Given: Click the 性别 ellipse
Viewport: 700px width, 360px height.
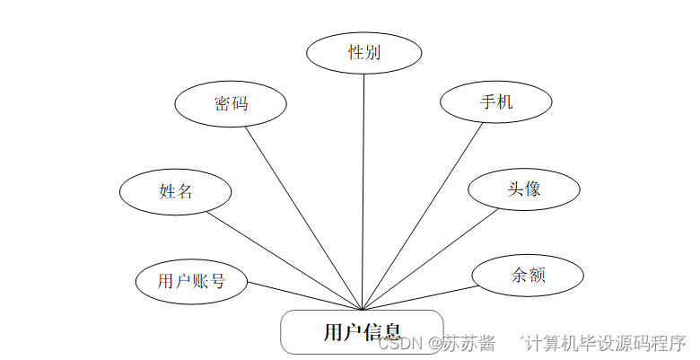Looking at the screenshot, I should point(364,52).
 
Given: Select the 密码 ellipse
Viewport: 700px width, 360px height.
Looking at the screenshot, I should point(231,103).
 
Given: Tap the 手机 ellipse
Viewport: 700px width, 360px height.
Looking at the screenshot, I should point(495,101).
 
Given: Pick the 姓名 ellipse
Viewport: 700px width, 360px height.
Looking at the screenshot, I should point(176,190).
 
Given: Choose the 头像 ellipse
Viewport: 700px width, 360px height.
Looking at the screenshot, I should point(523,189).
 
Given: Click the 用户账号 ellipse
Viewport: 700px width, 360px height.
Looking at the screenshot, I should point(190,281).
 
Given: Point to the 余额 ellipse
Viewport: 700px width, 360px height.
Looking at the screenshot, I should point(529,275).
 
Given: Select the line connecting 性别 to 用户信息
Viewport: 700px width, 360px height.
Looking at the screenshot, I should point(363,189).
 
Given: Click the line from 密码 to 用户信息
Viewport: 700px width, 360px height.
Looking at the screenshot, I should point(302,215).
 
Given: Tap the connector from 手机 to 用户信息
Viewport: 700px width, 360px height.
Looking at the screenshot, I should point(423,215).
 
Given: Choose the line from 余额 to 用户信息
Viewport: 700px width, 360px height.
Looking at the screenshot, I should point(417,299).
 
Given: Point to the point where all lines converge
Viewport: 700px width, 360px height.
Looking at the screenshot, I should point(362,310).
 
